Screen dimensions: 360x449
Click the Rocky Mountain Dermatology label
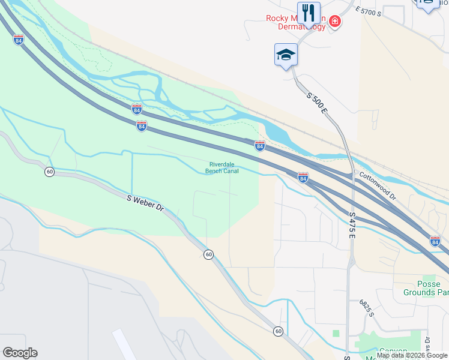click(x=295, y=22)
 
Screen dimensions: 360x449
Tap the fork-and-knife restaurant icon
click(x=309, y=12)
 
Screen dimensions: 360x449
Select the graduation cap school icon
click(x=286, y=55)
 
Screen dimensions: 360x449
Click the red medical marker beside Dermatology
click(x=334, y=23)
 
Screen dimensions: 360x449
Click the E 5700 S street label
click(x=369, y=10)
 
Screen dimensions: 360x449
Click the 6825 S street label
click(x=366, y=308)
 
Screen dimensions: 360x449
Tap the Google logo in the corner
click(x=20, y=353)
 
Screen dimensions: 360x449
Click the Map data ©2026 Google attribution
click(x=412, y=355)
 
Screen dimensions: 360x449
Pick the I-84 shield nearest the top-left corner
click(x=19, y=40)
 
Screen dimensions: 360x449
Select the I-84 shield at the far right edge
click(x=435, y=241)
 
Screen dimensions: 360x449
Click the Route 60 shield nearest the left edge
click(x=50, y=172)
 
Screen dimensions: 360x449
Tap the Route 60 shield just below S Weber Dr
click(x=208, y=254)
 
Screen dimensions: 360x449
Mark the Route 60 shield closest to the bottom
click(x=279, y=331)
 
